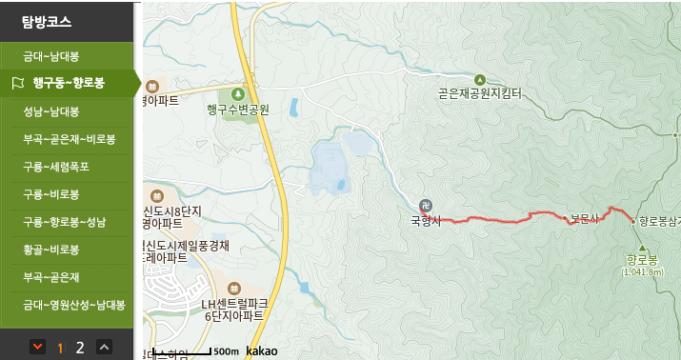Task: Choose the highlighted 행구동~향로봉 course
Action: (x=68, y=83)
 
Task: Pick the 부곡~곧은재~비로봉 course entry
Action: (x=69, y=139)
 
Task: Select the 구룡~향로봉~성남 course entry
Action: (x=65, y=222)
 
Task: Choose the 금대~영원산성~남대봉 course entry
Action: (x=73, y=305)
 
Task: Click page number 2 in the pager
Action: (x=80, y=347)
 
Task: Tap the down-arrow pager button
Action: (x=37, y=347)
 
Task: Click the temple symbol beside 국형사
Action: (x=425, y=206)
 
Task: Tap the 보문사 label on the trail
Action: (x=584, y=218)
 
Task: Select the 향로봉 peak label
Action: (x=642, y=258)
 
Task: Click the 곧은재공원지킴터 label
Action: (x=480, y=93)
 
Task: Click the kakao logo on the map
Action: (x=261, y=350)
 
